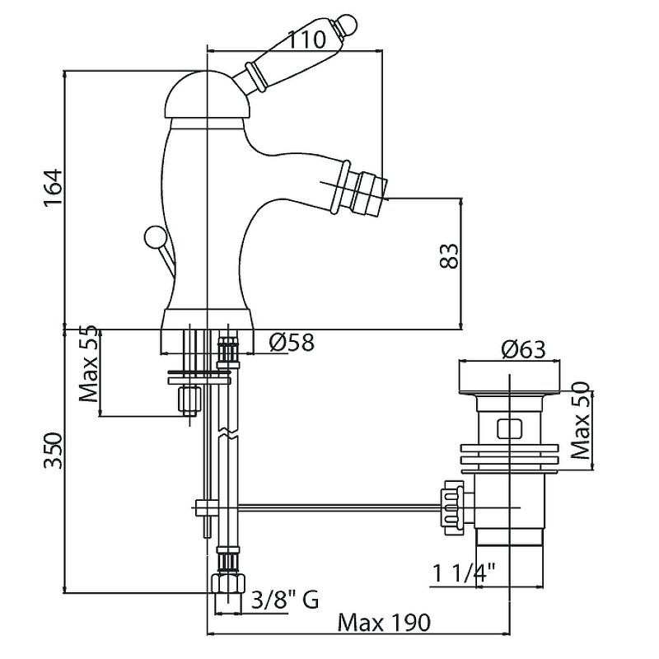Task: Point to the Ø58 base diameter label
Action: pos(292,343)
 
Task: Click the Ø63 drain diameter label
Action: pos(522,349)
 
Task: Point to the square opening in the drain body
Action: pos(508,428)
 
